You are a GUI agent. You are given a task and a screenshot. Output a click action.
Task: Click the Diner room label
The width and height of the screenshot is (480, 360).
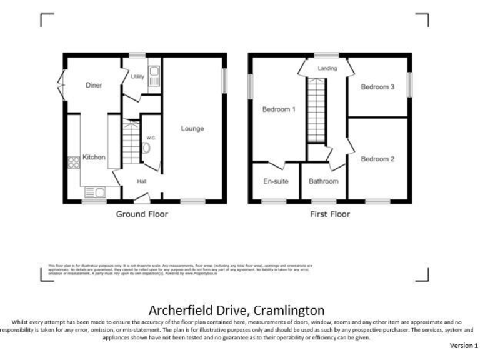point(94,86)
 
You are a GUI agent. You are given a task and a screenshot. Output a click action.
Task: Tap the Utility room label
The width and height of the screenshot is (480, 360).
point(137,77)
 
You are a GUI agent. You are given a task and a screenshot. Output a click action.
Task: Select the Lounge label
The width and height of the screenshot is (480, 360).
point(192,129)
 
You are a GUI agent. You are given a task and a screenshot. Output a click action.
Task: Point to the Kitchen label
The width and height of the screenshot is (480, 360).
point(94,157)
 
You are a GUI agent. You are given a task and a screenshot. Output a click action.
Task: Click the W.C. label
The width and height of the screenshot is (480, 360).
point(151,137)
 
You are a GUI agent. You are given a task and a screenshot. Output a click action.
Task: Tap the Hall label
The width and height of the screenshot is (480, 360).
point(142,181)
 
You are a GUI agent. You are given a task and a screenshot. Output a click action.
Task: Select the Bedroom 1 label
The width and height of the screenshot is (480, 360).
point(278,109)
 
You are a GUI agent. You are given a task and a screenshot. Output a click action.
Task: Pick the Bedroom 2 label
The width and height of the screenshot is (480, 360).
point(378,159)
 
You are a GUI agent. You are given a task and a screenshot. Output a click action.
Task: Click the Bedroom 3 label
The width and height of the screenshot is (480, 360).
point(377,87)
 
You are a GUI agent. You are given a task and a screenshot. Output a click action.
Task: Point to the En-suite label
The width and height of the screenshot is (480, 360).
point(275,181)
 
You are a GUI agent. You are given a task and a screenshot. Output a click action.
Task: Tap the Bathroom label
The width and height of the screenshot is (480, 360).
point(324,181)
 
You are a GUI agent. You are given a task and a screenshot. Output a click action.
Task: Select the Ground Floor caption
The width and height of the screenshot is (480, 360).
point(142,214)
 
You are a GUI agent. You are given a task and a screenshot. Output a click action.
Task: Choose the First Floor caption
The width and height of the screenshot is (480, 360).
point(330,214)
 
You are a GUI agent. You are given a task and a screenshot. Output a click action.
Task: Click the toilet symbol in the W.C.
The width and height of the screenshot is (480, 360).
point(146,149)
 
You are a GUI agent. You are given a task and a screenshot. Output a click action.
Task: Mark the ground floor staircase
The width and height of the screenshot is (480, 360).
point(131,143)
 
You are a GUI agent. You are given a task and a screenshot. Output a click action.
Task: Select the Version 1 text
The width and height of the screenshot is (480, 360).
point(464,345)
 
